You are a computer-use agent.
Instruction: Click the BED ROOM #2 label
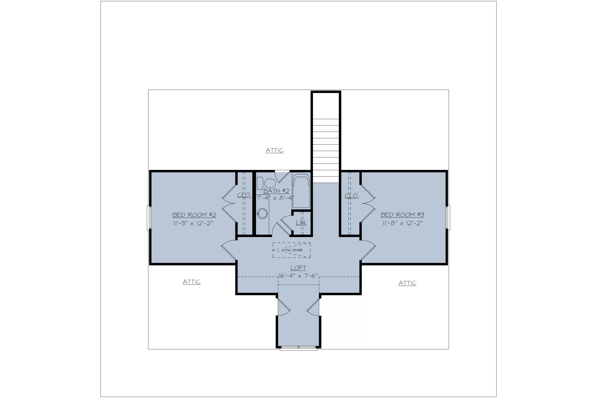[x=194, y=215]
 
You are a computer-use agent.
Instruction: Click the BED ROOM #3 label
[x=402, y=215]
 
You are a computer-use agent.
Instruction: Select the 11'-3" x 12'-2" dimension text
[x=193, y=223]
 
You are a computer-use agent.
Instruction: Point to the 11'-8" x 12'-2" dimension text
[x=403, y=223]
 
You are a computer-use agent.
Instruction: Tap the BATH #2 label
[x=276, y=191]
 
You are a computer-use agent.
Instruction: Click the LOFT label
[x=298, y=268]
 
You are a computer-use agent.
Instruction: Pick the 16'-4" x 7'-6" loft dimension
[x=298, y=276]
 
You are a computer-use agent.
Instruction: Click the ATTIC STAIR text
[x=292, y=250]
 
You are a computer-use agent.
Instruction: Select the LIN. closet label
[x=301, y=223]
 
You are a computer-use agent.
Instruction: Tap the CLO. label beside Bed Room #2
[x=244, y=195]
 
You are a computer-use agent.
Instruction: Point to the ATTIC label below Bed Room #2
[x=192, y=282]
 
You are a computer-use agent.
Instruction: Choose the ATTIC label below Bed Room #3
[x=407, y=283]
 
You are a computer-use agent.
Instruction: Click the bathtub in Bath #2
[x=301, y=191]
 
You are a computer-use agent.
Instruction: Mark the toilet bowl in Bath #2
[x=270, y=183]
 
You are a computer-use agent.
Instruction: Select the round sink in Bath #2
[x=262, y=214]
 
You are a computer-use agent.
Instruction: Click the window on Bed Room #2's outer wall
[x=149, y=218]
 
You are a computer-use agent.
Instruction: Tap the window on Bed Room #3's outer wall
[x=448, y=218]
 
